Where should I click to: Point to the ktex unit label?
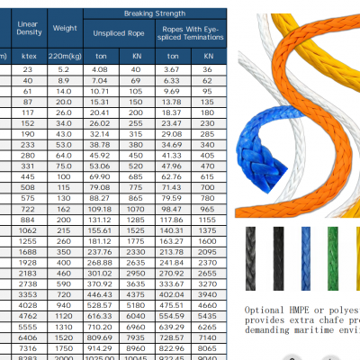tap(29, 55)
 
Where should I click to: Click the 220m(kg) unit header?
tap(66, 55)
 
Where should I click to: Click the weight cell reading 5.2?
tap(65, 68)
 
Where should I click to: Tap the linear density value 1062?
tap(28, 230)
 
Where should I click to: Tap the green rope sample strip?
tap(333, 256)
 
